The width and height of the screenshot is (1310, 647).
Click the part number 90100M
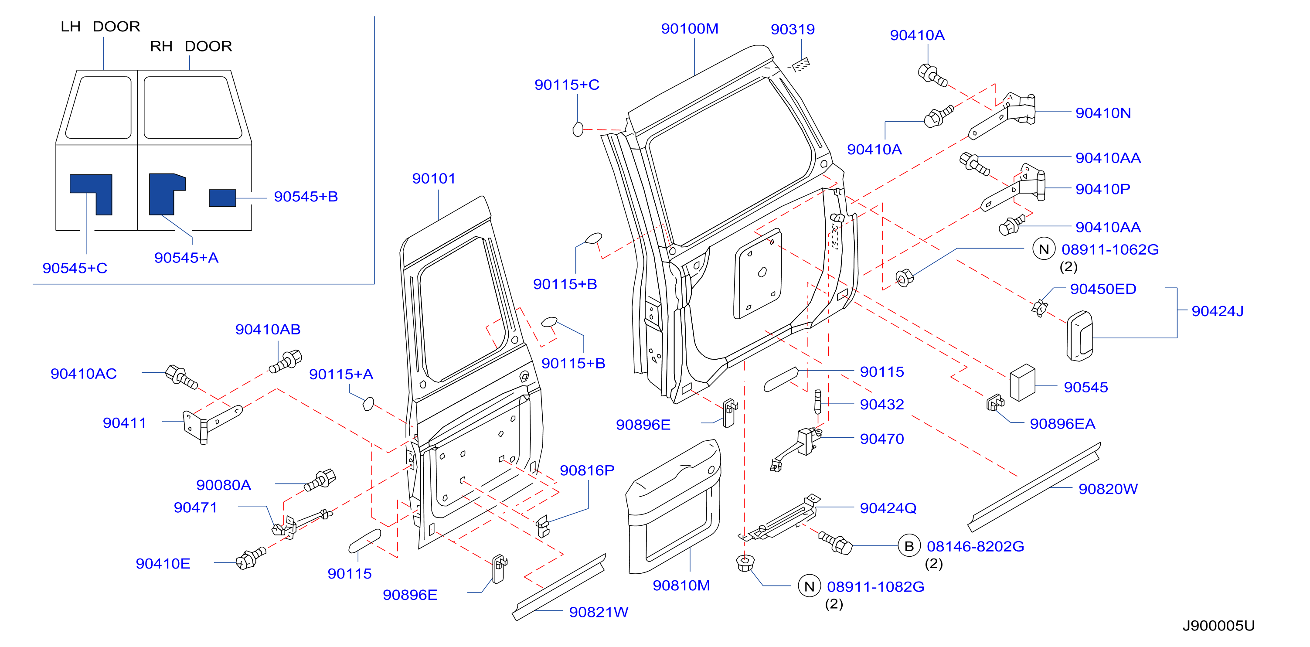tap(690, 28)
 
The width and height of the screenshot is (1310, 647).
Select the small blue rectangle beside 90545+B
tap(222, 198)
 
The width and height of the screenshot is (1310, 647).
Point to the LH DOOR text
tap(100, 27)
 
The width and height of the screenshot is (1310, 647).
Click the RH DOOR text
tap(191, 46)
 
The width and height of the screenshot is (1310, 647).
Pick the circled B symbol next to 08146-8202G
tap(909, 546)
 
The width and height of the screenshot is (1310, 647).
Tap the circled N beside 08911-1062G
tap(1044, 249)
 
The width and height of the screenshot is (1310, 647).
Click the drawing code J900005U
tap(1218, 625)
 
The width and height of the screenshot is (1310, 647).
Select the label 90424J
tap(1218, 311)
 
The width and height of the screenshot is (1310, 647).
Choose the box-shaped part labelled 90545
tap(1022, 382)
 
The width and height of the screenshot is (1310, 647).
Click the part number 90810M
tap(681, 586)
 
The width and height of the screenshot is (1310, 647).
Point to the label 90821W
tap(599, 612)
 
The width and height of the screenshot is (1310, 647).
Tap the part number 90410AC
tap(83, 374)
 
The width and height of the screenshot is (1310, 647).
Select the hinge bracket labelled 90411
tap(211, 424)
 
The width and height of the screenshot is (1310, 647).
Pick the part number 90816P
tap(587, 470)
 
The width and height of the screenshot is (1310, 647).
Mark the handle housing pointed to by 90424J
tap(1079, 336)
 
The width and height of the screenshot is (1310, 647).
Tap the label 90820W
tap(1108, 489)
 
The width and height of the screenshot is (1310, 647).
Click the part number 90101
tap(434, 179)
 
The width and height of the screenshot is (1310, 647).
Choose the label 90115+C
tap(567, 85)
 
